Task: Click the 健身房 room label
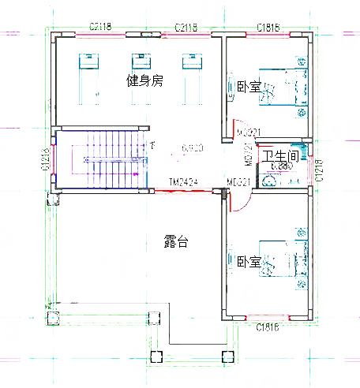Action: (x=145, y=80)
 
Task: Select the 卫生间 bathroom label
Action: (x=279, y=157)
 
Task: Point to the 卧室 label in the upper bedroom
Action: (x=248, y=87)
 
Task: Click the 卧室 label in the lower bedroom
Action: (x=248, y=262)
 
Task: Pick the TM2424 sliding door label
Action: (x=182, y=182)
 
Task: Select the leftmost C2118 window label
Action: (x=100, y=28)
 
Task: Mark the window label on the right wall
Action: (x=319, y=169)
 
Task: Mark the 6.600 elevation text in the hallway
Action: (x=193, y=147)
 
